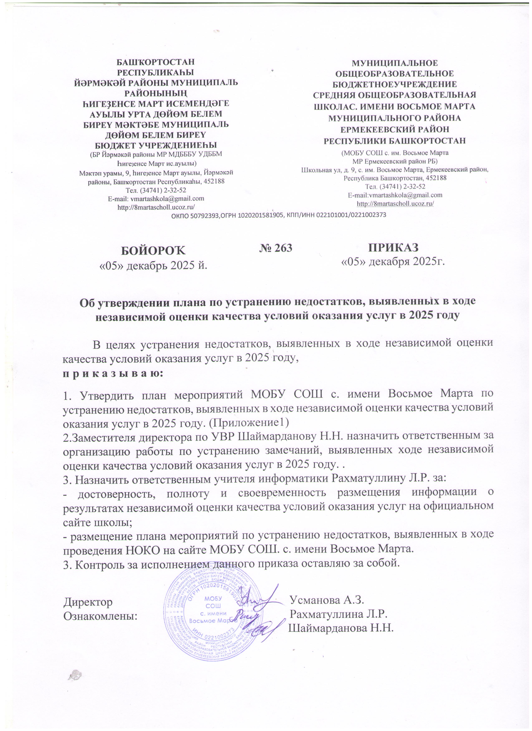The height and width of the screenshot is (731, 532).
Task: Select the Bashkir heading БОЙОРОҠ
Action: (x=153, y=250)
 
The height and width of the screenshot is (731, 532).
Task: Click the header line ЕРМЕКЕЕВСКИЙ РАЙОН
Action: (x=395, y=130)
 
